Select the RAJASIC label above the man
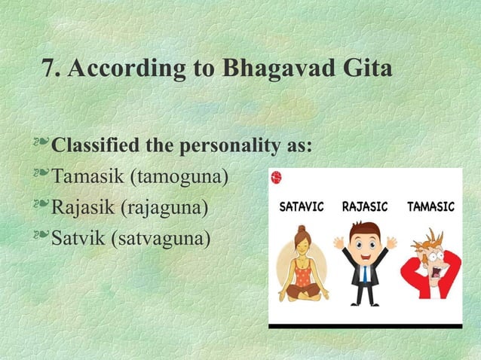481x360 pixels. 366,206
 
